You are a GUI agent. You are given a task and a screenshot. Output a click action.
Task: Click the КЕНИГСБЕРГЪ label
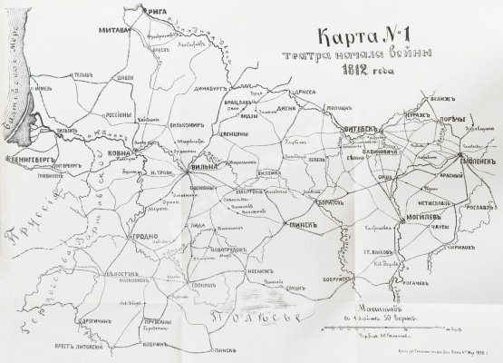tap(29, 164)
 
